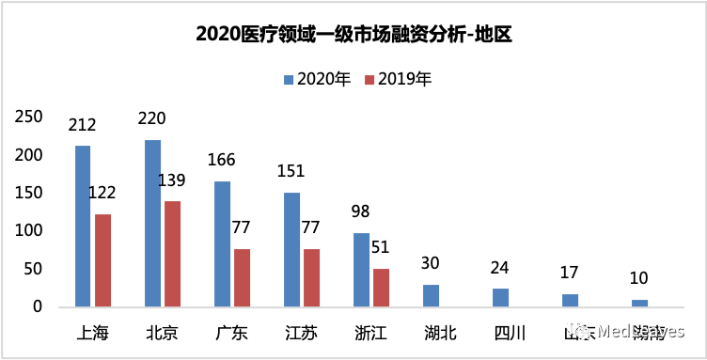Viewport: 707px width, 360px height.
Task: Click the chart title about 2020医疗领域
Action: pos(353,35)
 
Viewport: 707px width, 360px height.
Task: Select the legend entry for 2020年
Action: pos(317,79)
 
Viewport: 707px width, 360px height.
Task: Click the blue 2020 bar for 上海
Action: pos(83,226)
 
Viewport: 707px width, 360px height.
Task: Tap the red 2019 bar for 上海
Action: pos(103,260)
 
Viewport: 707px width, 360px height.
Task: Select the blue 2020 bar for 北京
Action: pos(152,223)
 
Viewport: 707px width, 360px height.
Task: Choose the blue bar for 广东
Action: pos(222,243)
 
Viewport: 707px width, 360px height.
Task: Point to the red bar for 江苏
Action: pos(312,277)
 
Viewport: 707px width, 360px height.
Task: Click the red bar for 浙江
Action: pos(382,288)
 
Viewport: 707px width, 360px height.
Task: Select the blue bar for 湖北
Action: pos(431,295)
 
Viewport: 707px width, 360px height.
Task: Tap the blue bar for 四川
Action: pos(500,297)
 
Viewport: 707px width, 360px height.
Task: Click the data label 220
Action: pos(151,118)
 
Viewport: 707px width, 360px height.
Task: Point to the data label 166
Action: pos(221,160)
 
